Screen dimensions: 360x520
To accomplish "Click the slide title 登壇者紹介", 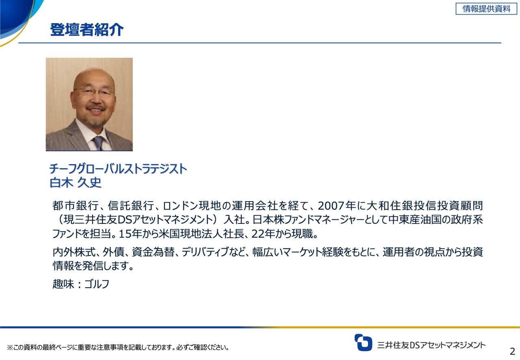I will tap(87, 30).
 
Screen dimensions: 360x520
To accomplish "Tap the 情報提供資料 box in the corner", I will tap(486, 9).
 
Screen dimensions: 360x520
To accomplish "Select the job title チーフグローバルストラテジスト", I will tap(118, 168).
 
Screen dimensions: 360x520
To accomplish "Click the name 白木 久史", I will tap(75, 183).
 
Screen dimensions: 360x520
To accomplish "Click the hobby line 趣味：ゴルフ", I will tap(81, 284).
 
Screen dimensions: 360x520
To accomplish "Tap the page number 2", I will tap(512, 351).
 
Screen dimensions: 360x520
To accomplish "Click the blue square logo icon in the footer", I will tap(363, 343).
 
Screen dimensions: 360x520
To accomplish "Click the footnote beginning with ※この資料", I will tap(118, 347).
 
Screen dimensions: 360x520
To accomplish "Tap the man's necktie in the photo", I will tap(98, 143).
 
